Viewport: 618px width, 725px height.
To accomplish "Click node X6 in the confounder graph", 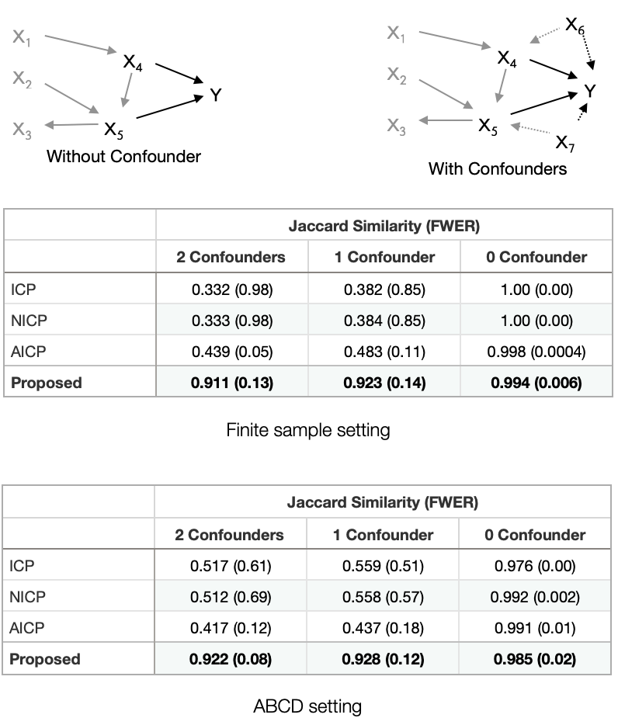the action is tap(575, 26).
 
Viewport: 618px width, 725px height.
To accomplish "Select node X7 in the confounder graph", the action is tap(564, 144).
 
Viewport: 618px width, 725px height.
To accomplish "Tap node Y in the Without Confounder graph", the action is tap(216, 95).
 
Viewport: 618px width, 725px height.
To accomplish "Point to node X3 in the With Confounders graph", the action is tap(397, 127).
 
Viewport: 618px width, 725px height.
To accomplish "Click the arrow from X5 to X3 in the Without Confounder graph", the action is tap(71, 125).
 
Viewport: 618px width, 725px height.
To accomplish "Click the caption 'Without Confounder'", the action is tap(123, 156).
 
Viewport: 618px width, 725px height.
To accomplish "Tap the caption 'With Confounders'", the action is tap(497, 168).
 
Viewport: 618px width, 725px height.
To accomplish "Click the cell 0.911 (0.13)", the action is tap(232, 383).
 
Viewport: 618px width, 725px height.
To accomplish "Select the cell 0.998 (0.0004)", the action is tap(536, 352).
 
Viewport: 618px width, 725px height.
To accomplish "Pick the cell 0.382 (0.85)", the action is tap(384, 290).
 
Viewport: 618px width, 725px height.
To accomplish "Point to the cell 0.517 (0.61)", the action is tap(231, 566).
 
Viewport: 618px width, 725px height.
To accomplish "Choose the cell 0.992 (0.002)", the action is tap(535, 597).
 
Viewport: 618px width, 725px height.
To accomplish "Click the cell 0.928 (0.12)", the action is tap(383, 659).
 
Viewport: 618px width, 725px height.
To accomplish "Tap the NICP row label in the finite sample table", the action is tap(29, 321).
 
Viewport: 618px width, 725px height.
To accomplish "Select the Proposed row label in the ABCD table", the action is tap(45, 659).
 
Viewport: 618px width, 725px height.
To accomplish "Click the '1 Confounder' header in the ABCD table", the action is tap(383, 535).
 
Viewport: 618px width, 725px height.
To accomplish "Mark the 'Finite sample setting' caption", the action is tap(308, 430).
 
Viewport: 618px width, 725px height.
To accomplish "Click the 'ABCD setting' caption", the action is tap(307, 706).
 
